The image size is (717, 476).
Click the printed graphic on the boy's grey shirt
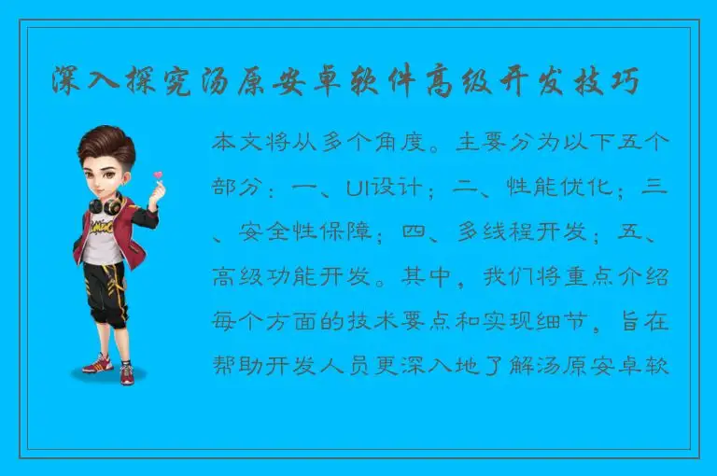102,232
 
